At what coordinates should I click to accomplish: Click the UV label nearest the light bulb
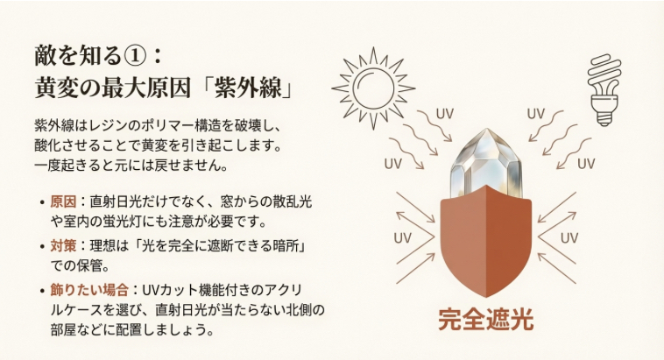click(x=536, y=114)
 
